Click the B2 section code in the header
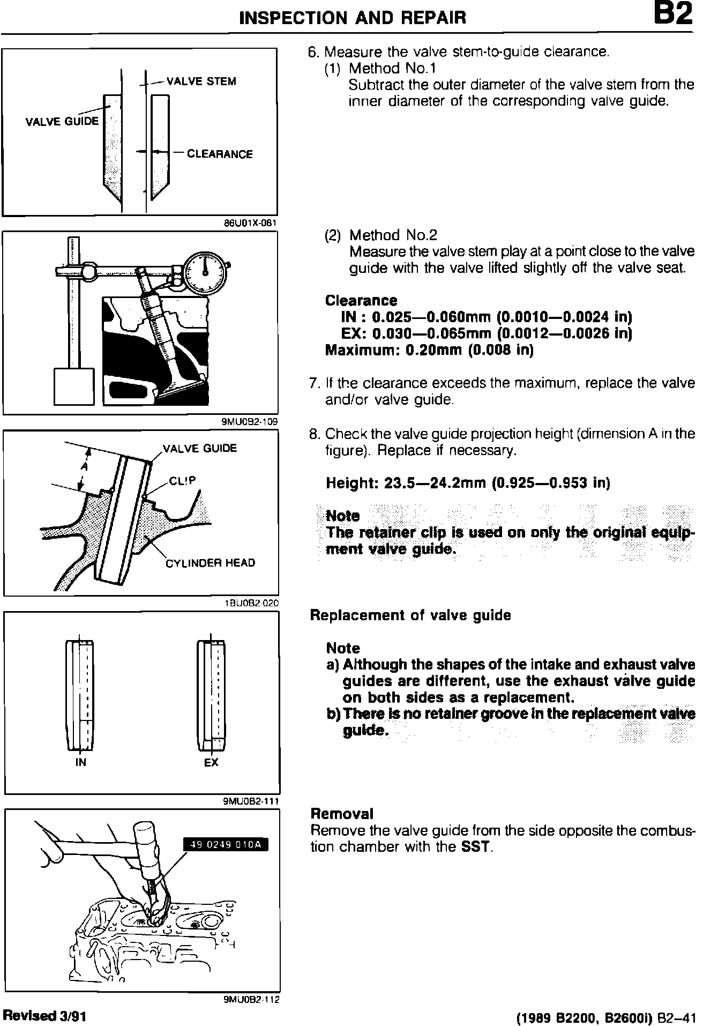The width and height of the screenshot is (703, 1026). (x=673, y=16)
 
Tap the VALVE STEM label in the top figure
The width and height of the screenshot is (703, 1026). (x=201, y=81)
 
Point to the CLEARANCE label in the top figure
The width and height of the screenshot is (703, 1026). (x=220, y=154)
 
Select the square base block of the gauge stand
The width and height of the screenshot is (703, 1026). (x=74, y=386)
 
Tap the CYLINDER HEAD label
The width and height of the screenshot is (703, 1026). (x=210, y=563)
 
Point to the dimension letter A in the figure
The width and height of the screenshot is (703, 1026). (x=84, y=467)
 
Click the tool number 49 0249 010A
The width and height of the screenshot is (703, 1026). (x=225, y=845)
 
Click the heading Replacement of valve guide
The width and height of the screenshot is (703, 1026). (x=410, y=615)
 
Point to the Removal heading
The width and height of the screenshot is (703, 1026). (x=342, y=814)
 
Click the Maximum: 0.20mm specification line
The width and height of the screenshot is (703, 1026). (x=429, y=350)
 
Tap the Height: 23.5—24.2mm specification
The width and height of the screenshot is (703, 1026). (x=468, y=483)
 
